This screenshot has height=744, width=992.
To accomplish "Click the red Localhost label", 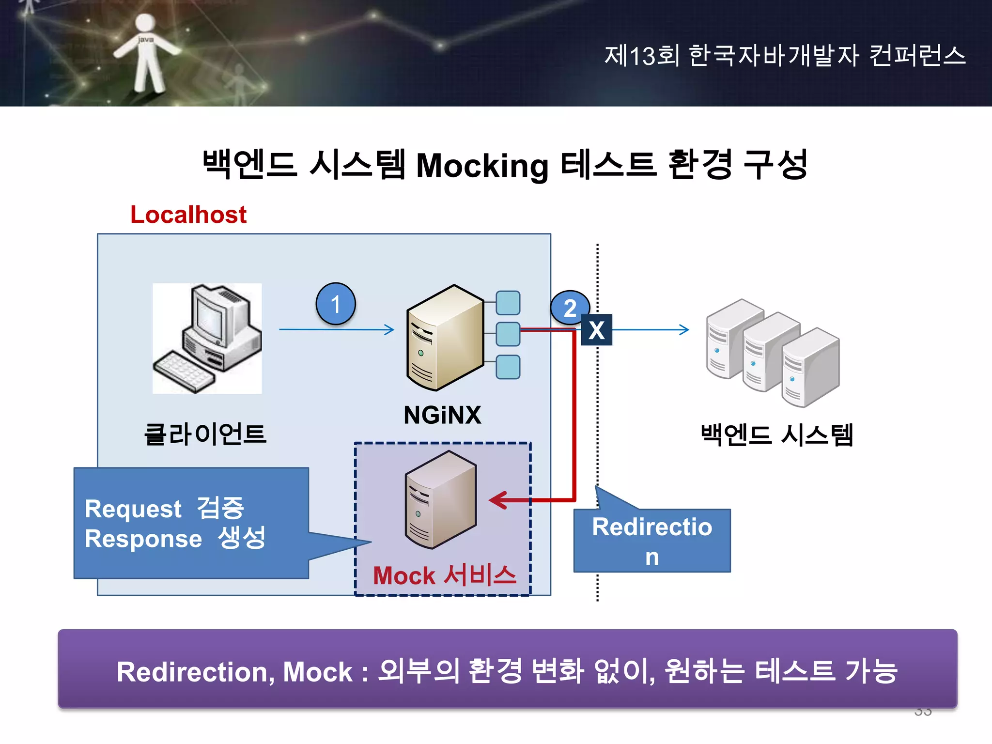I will tap(188, 215).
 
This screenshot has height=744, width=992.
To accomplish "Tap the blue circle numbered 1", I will tap(336, 304).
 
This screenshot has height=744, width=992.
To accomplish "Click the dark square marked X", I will tap(596, 330).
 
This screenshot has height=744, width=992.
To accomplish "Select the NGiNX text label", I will tap(442, 415).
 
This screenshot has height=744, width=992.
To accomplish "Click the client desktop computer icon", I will tap(207, 338).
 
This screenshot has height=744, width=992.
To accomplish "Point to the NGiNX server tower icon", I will tap(445, 338).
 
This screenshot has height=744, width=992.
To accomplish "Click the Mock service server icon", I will tap(440, 499).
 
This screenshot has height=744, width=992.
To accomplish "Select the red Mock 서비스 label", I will tap(444, 575).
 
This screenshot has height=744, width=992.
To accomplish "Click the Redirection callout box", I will tap(652, 541).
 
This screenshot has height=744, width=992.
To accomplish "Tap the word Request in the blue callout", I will tap(133, 509).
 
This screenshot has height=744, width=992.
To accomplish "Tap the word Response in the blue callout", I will tap(143, 539).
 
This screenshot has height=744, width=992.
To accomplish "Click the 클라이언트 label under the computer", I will tap(205, 434).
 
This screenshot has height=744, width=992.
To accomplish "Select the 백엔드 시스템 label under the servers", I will tap(776, 434).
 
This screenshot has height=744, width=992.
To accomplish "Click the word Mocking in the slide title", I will tap(482, 166).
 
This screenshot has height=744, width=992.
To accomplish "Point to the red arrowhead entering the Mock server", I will tap(498, 500).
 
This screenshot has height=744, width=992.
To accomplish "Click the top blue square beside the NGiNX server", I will tap(508, 303).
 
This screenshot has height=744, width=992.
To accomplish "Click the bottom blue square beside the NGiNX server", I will tap(508, 367).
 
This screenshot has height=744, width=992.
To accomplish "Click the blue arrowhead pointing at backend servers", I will tap(684, 330).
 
